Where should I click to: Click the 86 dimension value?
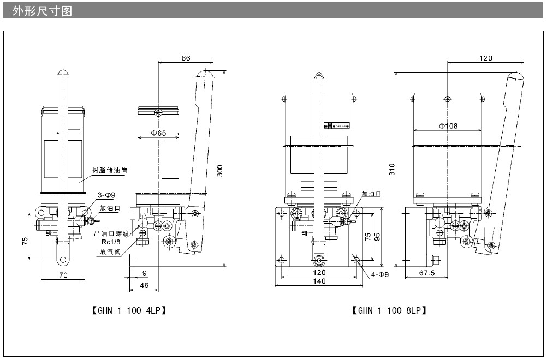[x=186, y=57]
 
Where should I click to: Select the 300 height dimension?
[x=220, y=171]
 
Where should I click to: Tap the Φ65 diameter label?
[x=158, y=133]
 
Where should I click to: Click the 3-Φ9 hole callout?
[x=106, y=195]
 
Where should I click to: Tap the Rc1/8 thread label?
[x=111, y=242]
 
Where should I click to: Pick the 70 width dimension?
[x=63, y=275]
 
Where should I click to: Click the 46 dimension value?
[x=144, y=285]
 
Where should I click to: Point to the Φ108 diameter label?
[x=448, y=126]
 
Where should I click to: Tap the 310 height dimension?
[x=391, y=170]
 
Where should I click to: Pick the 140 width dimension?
[x=319, y=281]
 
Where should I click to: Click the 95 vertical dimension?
[x=377, y=236]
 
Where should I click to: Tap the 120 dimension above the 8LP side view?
[x=486, y=58]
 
